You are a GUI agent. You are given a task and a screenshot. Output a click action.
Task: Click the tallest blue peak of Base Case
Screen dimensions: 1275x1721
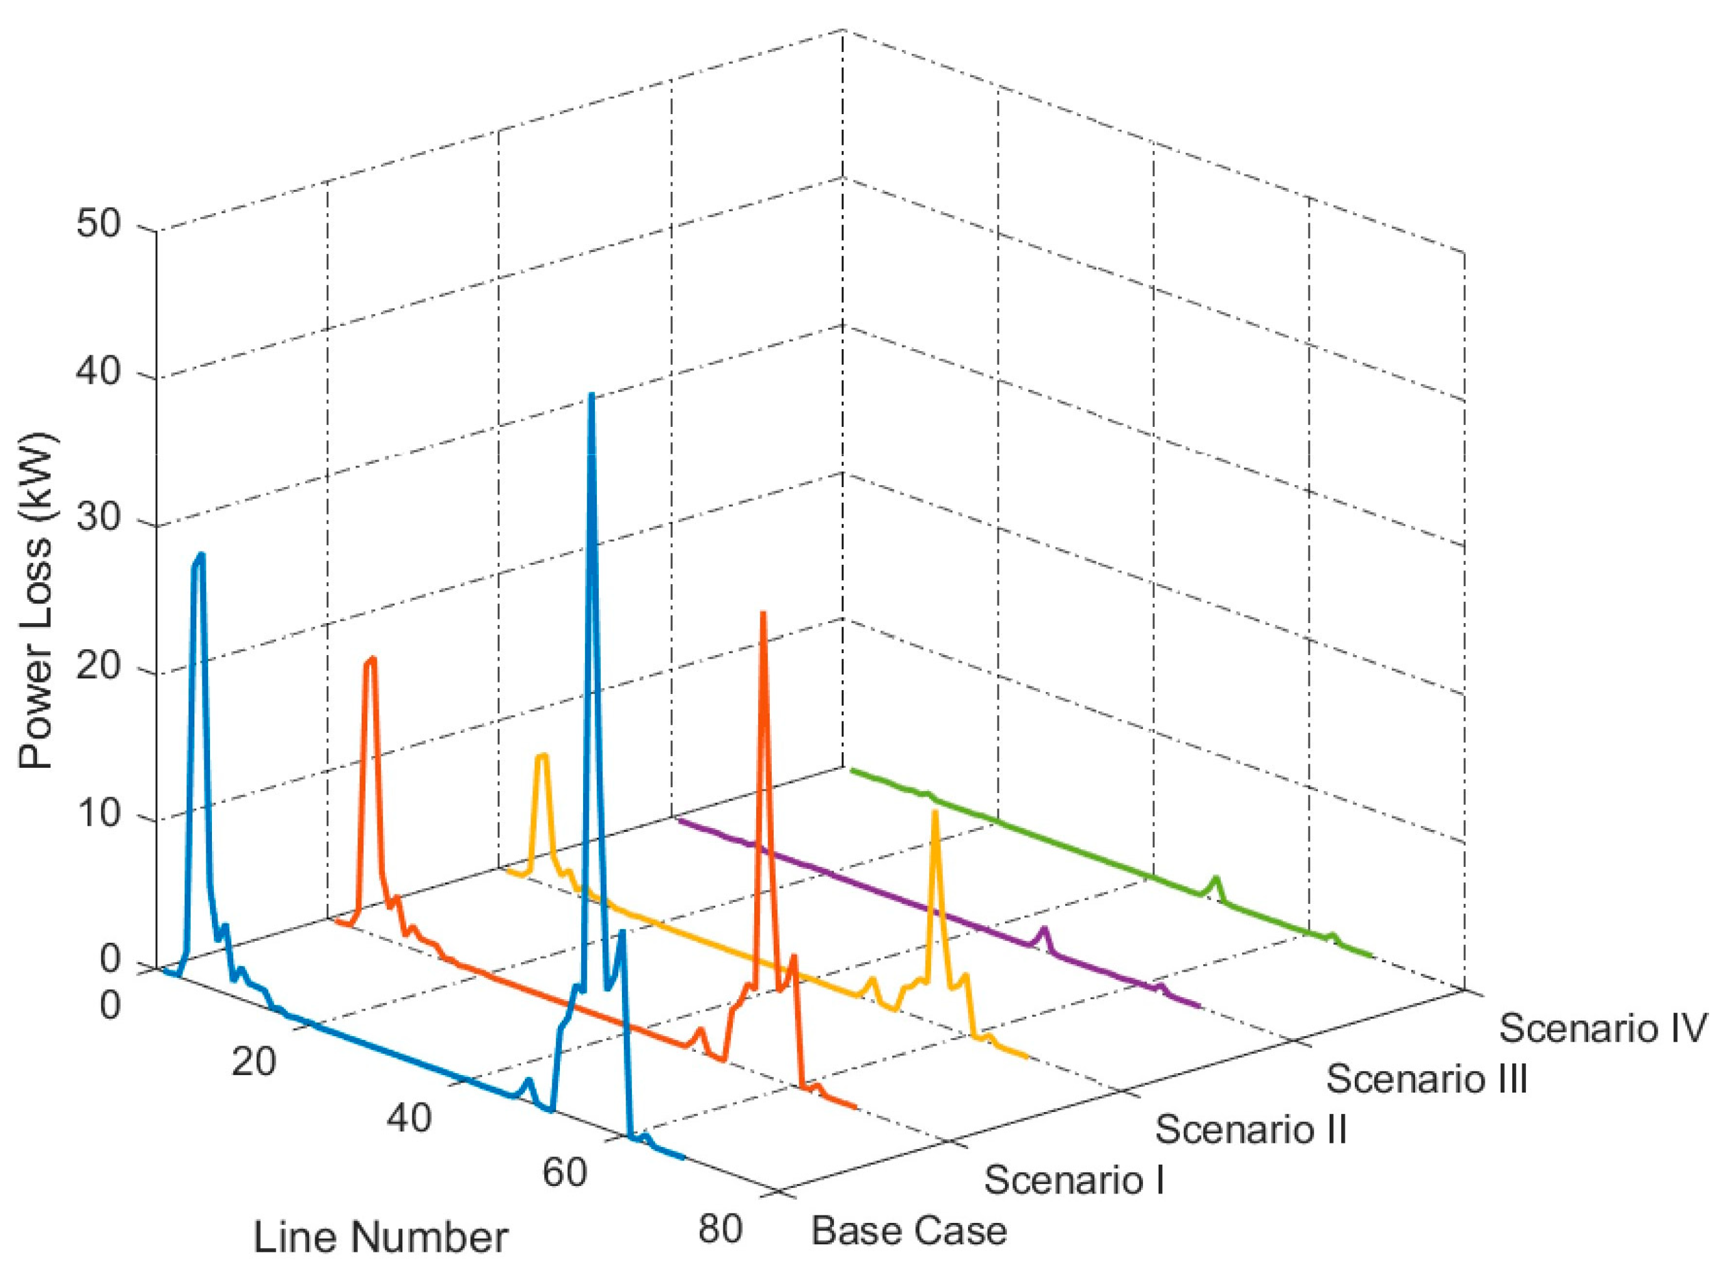[591, 395]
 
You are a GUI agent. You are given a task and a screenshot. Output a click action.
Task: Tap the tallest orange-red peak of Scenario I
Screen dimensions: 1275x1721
[762, 614]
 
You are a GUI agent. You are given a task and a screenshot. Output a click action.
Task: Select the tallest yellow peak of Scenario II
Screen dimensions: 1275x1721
[935, 812]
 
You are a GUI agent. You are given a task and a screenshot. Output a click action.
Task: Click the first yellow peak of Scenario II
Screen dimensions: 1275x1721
[542, 755]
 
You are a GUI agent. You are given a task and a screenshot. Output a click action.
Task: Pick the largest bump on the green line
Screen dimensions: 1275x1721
[1216, 878]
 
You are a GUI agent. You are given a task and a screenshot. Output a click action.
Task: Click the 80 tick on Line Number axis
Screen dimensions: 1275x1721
[719, 1229]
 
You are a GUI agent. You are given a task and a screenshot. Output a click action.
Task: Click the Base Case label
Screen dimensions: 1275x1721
[908, 1230]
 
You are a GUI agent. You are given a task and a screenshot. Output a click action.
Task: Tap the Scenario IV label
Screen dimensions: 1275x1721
[1601, 1029]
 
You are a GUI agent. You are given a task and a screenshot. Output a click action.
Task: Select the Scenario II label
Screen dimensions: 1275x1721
[1250, 1129]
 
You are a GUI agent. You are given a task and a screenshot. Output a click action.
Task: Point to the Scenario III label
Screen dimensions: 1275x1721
[1427, 1078]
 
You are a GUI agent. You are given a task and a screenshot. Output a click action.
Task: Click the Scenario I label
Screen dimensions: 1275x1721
[1073, 1180]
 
